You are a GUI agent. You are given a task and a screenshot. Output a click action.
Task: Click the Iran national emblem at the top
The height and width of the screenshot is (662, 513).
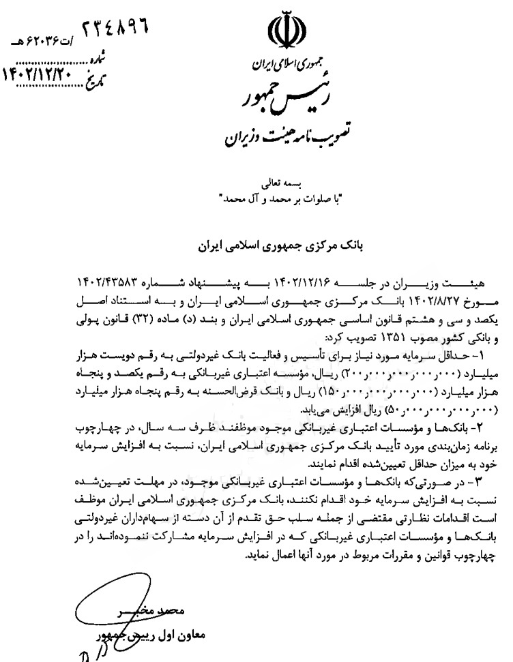(284, 33)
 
